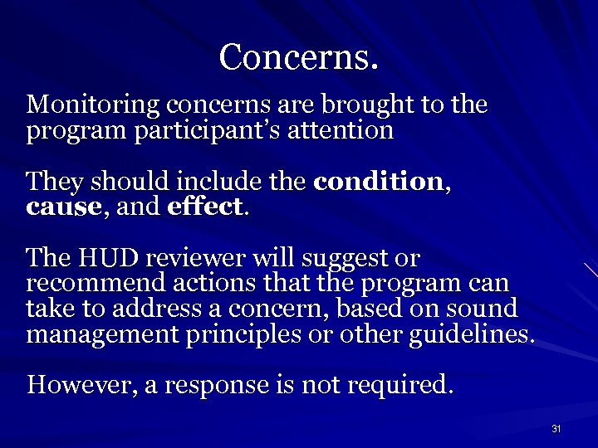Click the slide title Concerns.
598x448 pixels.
[x=299, y=57]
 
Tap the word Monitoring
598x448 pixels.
[x=94, y=106]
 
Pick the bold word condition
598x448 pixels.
[x=379, y=181]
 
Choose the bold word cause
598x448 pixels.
[x=62, y=207]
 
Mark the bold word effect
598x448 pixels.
[x=205, y=207]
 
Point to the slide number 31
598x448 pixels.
[x=556, y=429]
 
